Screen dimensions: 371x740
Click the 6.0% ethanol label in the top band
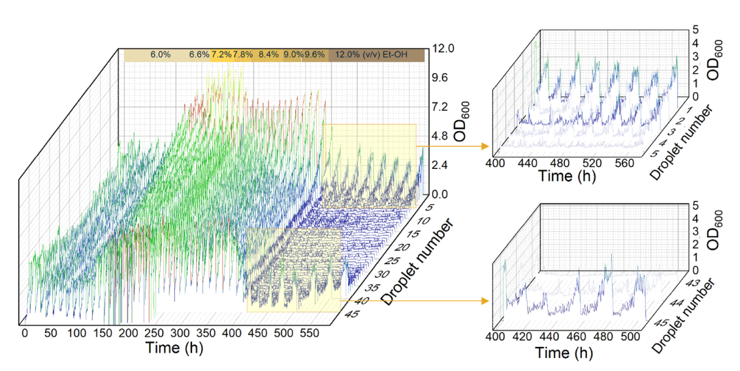(160, 55)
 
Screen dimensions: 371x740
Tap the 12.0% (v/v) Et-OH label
(370, 55)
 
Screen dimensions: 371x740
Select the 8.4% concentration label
(268, 55)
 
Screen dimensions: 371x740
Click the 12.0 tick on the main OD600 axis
(443, 48)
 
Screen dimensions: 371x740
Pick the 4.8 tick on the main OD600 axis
(441, 136)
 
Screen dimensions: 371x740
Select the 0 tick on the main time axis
(25, 333)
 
